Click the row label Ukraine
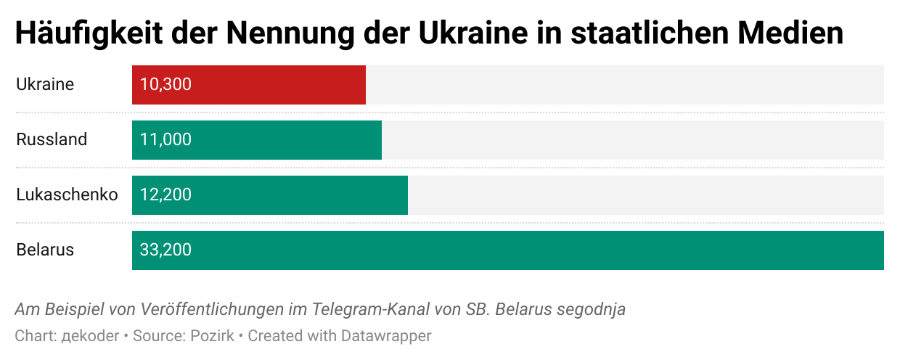(x=45, y=84)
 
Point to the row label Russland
(x=52, y=139)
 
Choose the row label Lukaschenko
(x=67, y=195)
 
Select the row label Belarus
(x=45, y=250)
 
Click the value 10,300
(x=165, y=85)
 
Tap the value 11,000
(x=165, y=140)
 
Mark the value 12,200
(x=165, y=195)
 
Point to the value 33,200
(x=165, y=250)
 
